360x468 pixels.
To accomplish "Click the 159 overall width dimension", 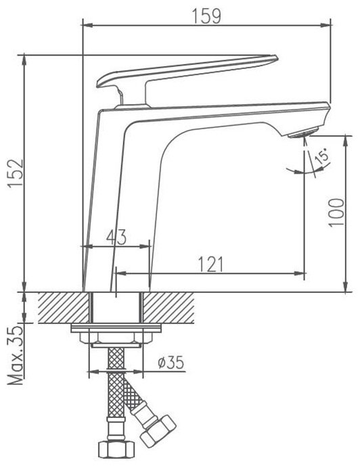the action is [206, 16].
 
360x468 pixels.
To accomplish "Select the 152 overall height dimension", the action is [16, 173].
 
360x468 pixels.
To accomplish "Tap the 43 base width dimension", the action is [116, 237].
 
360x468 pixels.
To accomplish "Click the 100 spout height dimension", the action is [336, 212].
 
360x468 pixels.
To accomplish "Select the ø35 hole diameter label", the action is [171, 362].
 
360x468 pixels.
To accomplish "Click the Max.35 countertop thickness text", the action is [16, 355].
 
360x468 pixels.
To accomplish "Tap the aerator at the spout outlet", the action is [303, 133].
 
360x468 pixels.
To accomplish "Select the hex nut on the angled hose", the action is [158, 431].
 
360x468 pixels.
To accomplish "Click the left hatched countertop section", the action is [64, 308].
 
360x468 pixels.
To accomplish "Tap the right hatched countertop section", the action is [169, 308].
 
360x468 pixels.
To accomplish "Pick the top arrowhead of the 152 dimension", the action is [24, 61].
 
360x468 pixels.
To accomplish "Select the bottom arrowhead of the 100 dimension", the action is [346, 286].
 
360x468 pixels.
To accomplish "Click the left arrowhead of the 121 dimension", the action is [121, 273].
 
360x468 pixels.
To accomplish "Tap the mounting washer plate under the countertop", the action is [116, 328].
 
